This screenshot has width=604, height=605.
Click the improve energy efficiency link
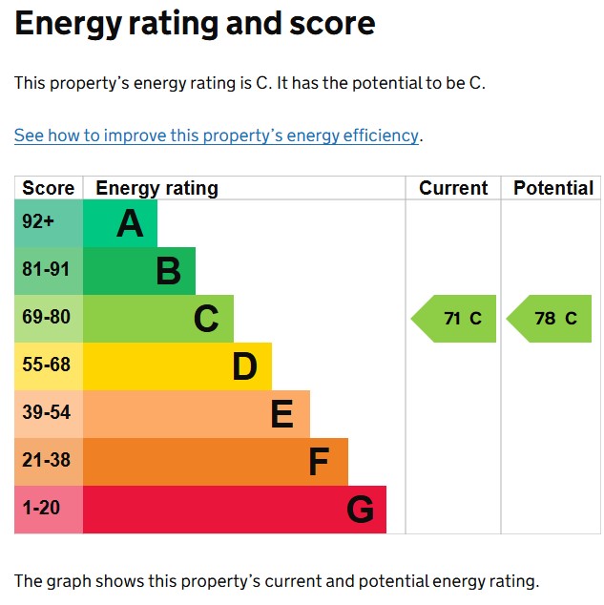(x=217, y=136)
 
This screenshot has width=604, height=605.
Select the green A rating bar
(x=120, y=223)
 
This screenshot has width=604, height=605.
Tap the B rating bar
(x=139, y=271)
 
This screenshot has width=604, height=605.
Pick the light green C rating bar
(x=158, y=319)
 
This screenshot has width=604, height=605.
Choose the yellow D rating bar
(x=177, y=366)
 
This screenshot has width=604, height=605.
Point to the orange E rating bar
(x=197, y=414)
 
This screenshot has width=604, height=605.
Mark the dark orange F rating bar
(x=216, y=462)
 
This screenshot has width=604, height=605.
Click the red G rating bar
(x=235, y=510)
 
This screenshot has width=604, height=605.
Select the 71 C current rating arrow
(x=455, y=319)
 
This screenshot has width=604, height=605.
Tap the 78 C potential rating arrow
(x=551, y=319)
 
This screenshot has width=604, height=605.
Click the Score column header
(x=48, y=188)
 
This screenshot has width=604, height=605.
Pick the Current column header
(x=453, y=188)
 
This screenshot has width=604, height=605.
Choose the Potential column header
(x=553, y=188)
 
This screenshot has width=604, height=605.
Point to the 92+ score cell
(x=49, y=223)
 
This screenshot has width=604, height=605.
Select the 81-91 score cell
(x=49, y=271)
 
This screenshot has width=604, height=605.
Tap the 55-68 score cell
(x=49, y=366)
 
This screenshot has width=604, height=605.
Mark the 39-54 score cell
(x=49, y=414)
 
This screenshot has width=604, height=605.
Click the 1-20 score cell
(x=49, y=510)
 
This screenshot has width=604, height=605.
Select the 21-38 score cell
(x=49, y=462)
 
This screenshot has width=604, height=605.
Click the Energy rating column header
(x=157, y=188)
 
